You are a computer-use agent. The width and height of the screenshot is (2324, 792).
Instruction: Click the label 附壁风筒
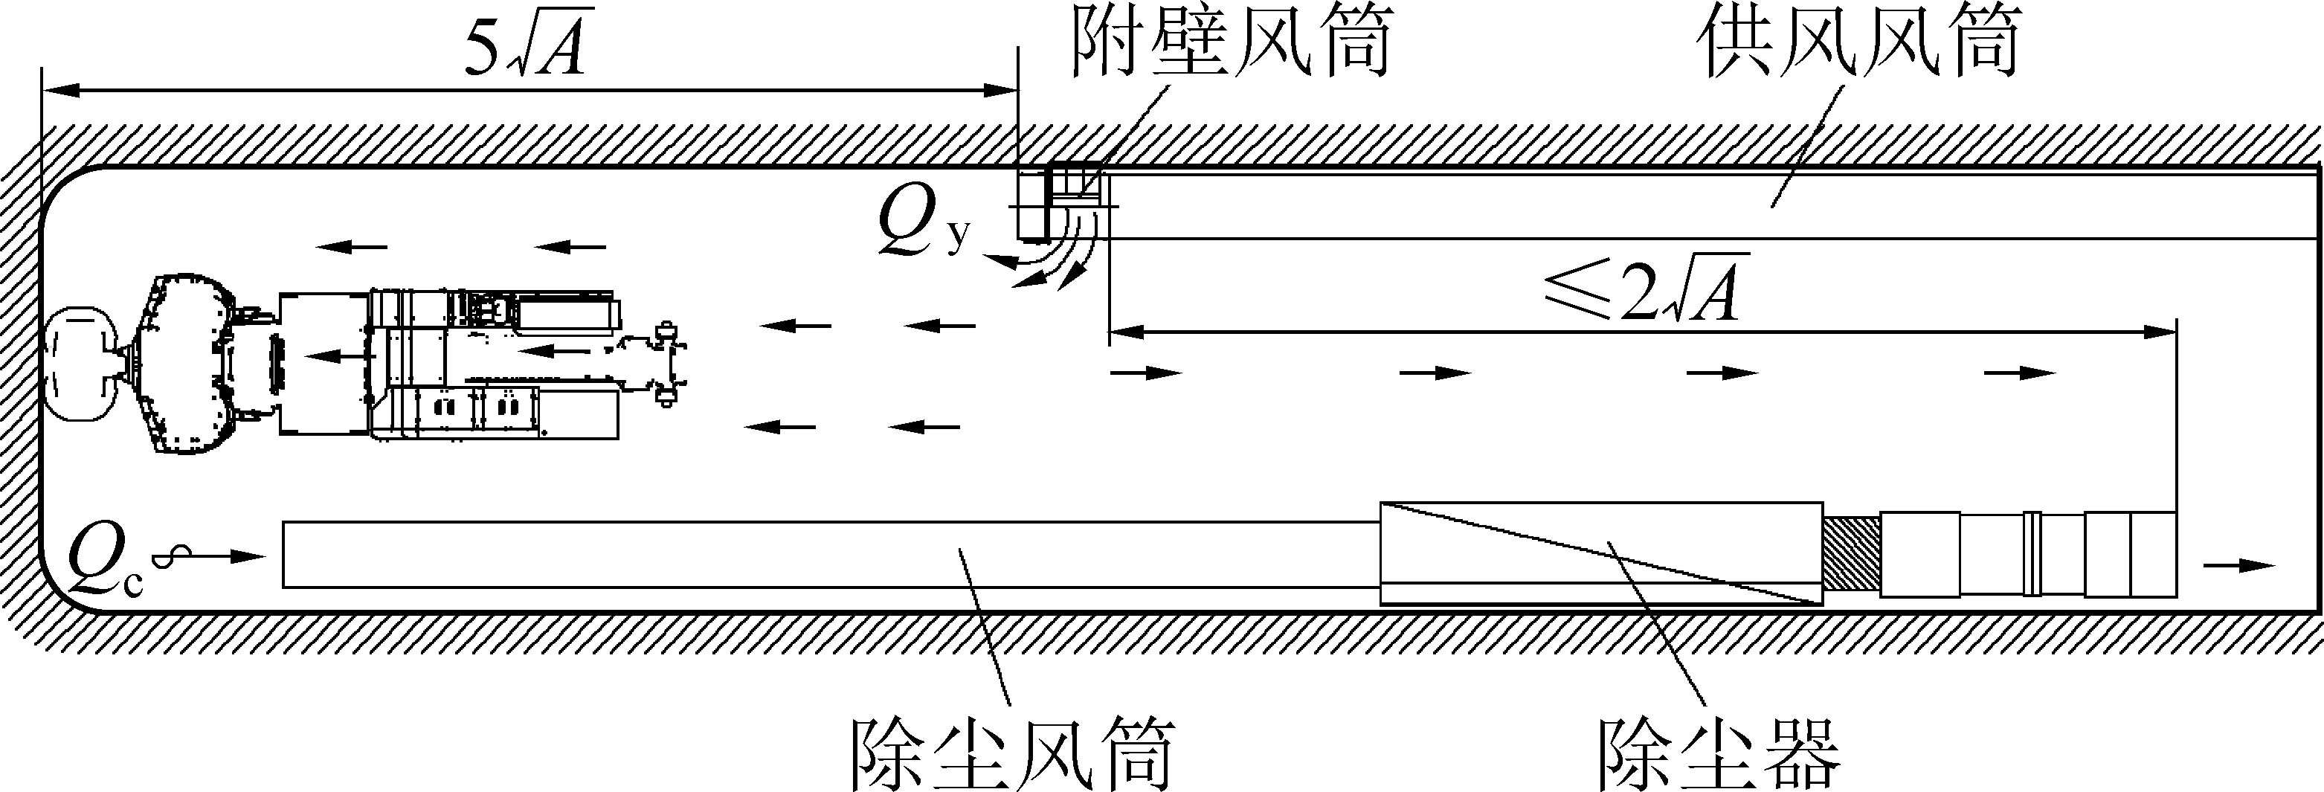(x=1232, y=42)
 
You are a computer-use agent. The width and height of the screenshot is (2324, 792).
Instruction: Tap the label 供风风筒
(x=1858, y=42)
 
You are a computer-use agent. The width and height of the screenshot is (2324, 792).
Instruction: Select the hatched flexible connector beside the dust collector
(x=1851, y=554)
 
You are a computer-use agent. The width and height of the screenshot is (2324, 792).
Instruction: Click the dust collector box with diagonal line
(x=1601, y=553)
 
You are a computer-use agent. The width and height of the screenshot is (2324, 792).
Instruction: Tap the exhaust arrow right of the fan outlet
(x=2239, y=566)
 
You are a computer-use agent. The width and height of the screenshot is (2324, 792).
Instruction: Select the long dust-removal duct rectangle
(x=831, y=555)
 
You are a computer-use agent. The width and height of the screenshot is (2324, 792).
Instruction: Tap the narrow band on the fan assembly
(x=2032, y=553)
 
